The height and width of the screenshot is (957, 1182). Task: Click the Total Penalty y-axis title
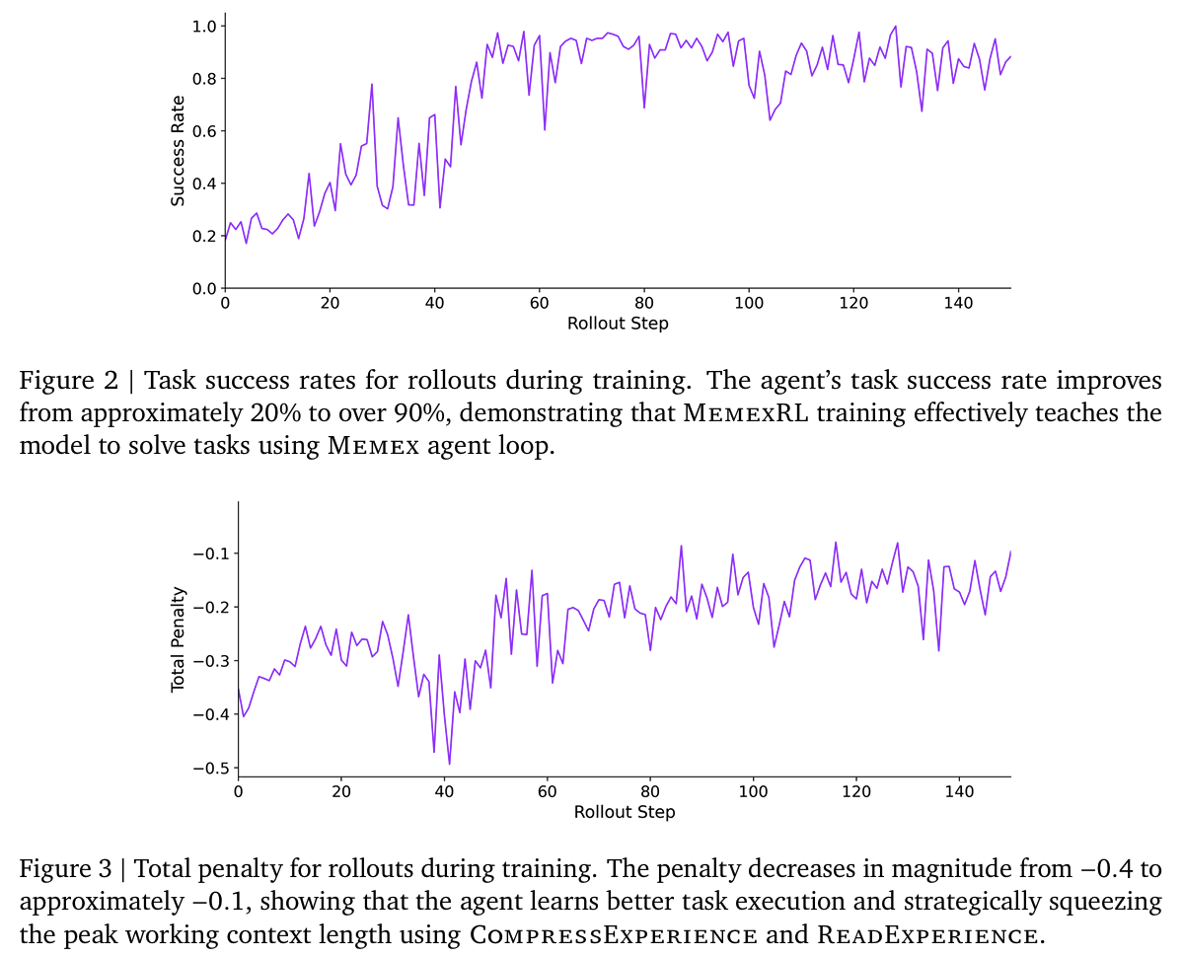tap(178, 639)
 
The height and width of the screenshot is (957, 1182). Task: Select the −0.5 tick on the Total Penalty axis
tap(209, 768)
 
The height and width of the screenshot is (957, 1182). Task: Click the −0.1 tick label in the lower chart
tap(209, 552)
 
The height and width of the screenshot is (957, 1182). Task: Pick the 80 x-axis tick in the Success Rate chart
tap(644, 305)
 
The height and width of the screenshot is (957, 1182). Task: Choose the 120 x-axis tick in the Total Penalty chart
tap(855, 792)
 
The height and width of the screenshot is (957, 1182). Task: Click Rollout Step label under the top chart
tap(618, 324)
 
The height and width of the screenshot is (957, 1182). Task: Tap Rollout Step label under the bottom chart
tap(625, 811)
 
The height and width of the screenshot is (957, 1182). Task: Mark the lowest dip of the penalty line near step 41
tap(450, 764)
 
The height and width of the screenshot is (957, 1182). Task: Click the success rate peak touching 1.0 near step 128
tap(895, 27)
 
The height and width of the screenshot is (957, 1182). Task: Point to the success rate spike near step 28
tap(372, 84)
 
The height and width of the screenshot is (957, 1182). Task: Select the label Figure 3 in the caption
tap(64, 869)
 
